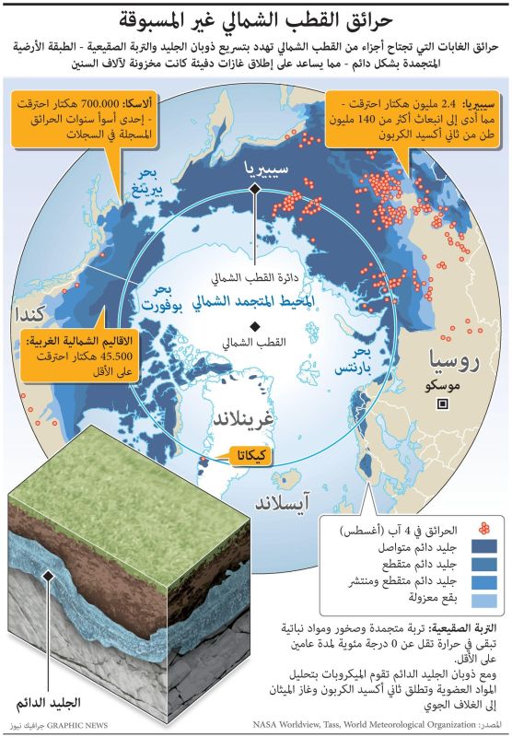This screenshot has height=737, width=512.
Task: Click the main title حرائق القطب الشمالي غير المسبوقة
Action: point(256,18)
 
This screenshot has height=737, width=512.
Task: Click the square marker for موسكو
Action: point(443,404)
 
